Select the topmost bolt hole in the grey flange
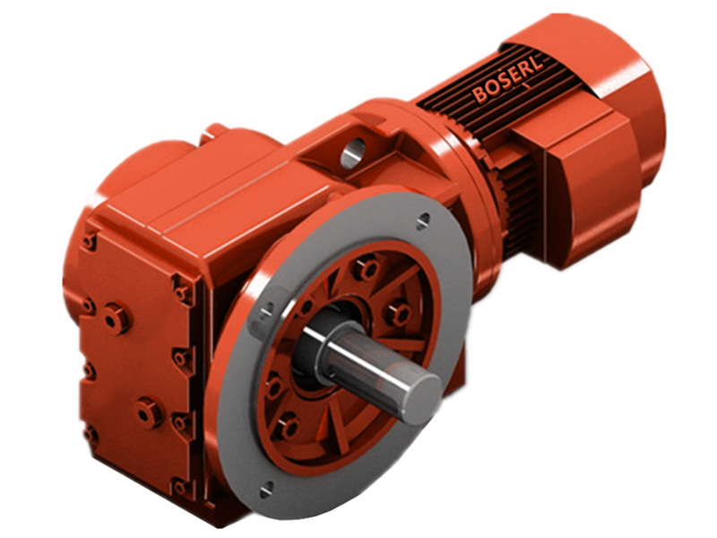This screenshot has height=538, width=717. [x=423, y=217]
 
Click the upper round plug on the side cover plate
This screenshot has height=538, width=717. [x=116, y=317]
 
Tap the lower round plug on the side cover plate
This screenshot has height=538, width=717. [x=147, y=412]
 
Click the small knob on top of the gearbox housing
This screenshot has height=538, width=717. [x=215, y=132]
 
